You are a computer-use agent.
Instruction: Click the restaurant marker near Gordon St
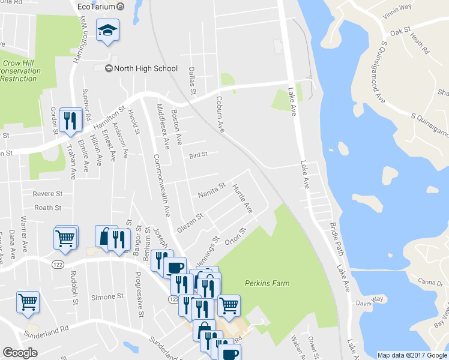click(x=71, y=120)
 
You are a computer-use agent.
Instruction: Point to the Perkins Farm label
click(x=267, y=283)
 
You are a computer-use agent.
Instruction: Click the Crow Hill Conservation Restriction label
click(x=20, y=70)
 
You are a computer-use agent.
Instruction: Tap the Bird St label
click(x=198, y=155)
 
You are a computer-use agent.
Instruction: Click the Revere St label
click(x=48, y=194)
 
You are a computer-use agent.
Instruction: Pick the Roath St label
click(x=48, y=208)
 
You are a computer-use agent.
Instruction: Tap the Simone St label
click(x=107, y=297)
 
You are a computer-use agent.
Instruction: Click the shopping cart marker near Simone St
click(x=28, y=302)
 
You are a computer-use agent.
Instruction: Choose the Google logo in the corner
click(x=20, y=353)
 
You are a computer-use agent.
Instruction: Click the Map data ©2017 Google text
click(x=411, y=355)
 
